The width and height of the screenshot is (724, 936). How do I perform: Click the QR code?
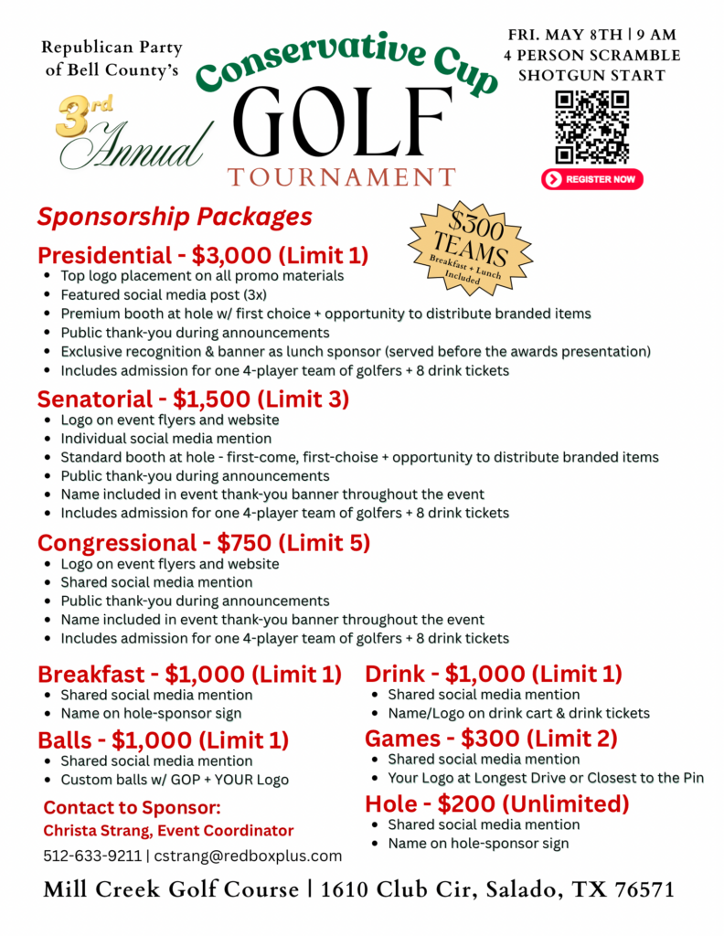(591, 126)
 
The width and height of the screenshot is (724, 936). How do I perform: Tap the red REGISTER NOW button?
(591, 179)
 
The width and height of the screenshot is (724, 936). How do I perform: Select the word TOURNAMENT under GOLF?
(341, 176)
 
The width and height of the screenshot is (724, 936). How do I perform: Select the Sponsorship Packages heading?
(175, 218)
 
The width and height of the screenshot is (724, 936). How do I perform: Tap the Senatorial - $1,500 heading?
(193, 399)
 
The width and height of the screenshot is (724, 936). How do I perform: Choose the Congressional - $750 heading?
(204, 543)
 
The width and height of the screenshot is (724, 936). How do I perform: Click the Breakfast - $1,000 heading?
(189, 675)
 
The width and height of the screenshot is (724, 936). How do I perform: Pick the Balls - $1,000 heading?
(163, 739)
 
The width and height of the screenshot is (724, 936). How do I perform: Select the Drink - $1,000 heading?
(494, 675)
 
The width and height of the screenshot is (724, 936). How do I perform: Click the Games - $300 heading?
(491, 738)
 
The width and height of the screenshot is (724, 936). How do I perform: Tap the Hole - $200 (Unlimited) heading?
(497, 803)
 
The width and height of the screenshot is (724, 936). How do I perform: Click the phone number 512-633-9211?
(92, 856)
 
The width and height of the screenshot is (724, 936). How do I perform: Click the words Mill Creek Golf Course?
(171, 889)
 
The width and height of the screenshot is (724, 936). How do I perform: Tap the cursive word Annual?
(137, 146)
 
